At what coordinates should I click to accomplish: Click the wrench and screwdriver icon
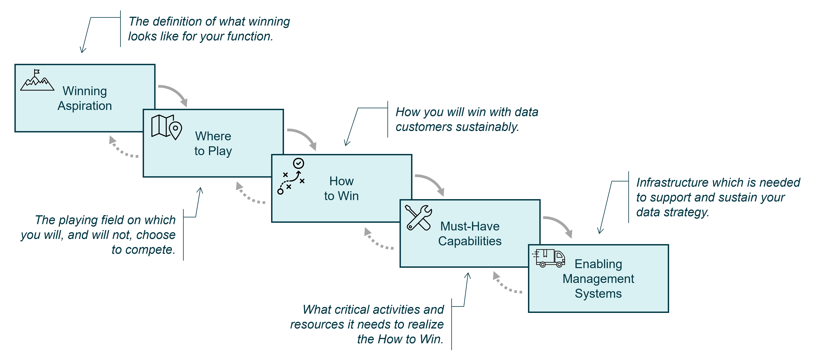coord(418,218)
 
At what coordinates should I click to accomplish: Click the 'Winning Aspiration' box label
coord(85,98)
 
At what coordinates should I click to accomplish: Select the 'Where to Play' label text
coord(213,143)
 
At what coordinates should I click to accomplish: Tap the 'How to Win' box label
coord(341,188)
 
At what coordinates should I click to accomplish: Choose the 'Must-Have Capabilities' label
coord(470,234)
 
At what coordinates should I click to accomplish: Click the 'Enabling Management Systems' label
coord(598,279)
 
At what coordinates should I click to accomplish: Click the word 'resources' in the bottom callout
coord(317,325)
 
